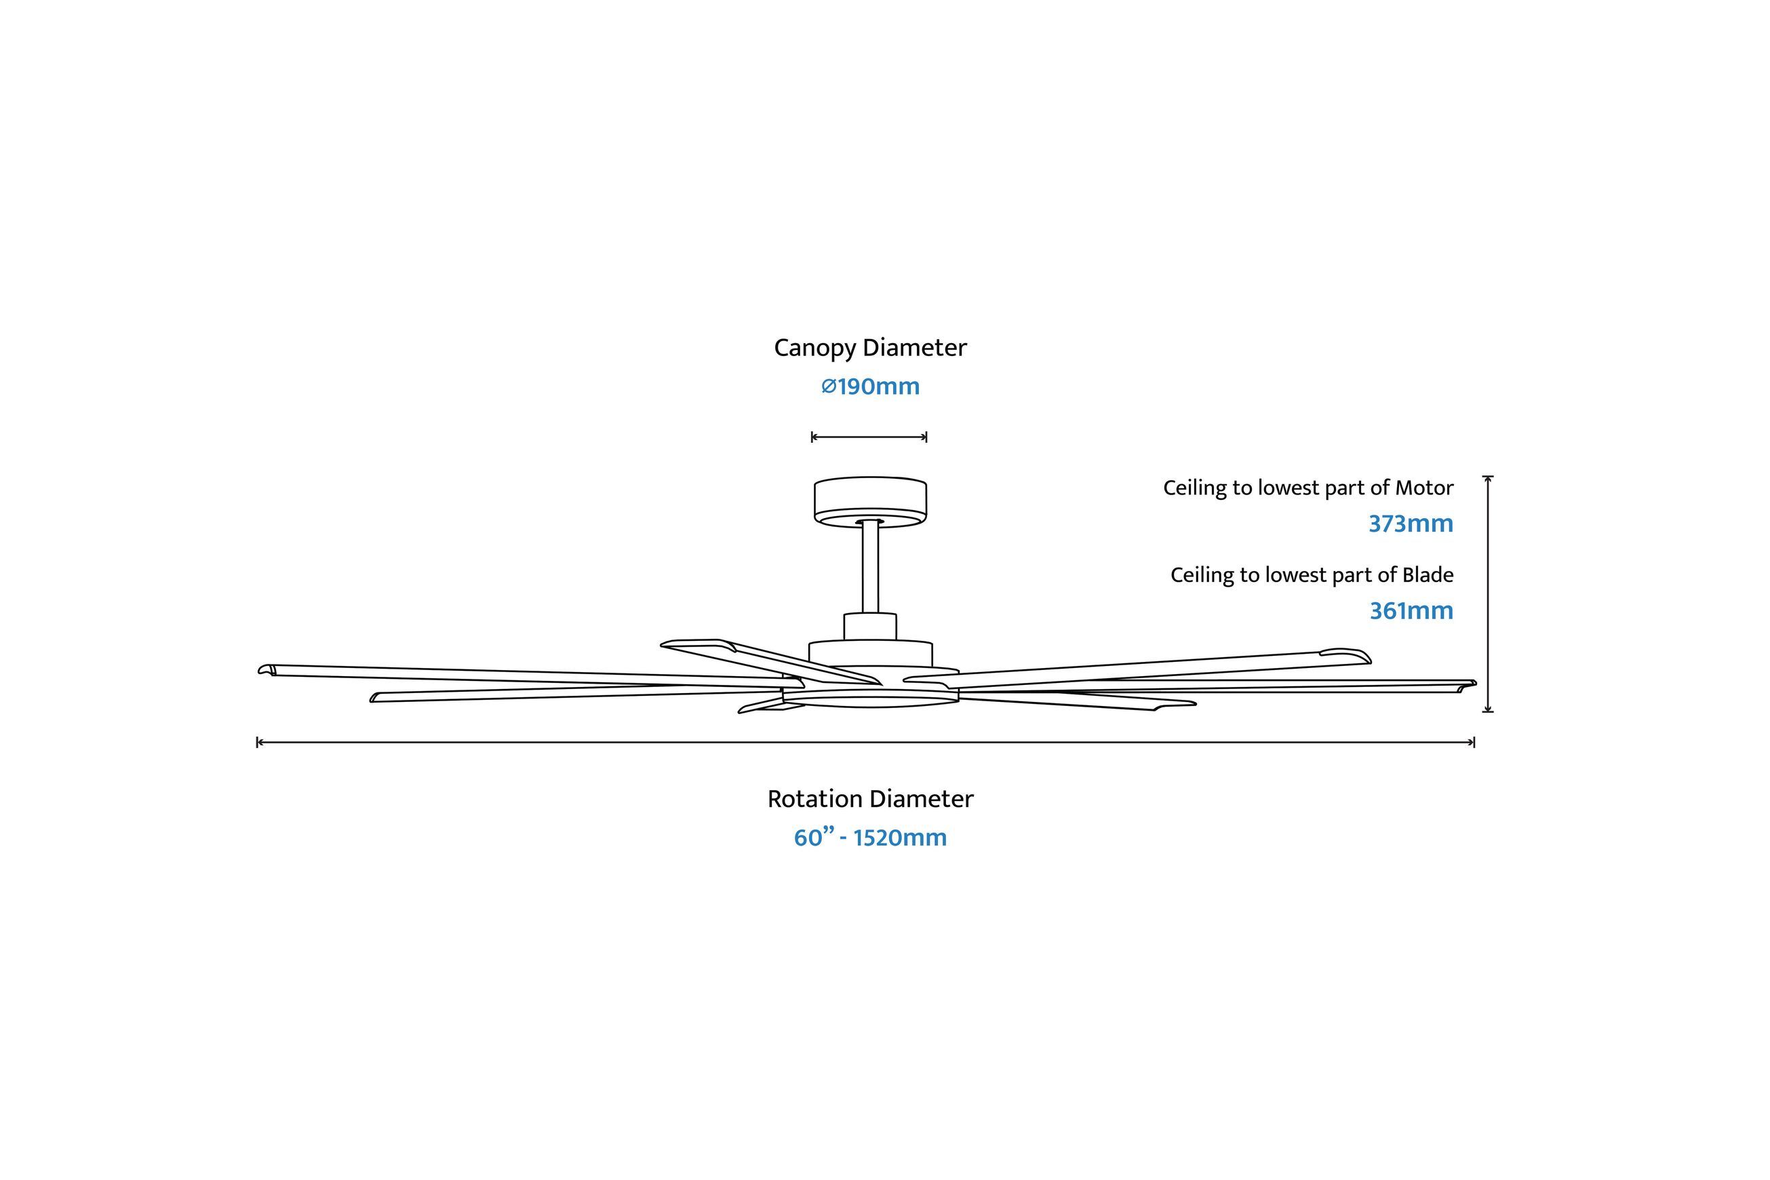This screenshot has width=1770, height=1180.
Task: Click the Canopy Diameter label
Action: pyautogui.click(x=870, y=349)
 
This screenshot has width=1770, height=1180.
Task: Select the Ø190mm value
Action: pyautogui.click(x=870, y=387)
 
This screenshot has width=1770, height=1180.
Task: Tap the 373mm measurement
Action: pyautogui.click(x=1411, y=524)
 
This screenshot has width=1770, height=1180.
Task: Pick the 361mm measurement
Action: pyautogui.click(x=1411, y=611)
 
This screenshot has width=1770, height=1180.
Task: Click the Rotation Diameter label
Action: pyautogui.click(x=870, y=799)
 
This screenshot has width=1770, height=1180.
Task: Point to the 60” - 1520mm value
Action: pyautogui.click(x=870, y=838)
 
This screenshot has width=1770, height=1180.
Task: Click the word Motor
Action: pyautogui.click(x=1424, y=488)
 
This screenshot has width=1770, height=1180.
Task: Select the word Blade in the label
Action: pyautogui.click(x=1428, y=576)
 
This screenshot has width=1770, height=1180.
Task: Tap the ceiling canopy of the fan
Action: pyautogui.click(x=870, y=501)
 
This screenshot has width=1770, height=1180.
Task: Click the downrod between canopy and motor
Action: pyautogui.click(x=870, y=566)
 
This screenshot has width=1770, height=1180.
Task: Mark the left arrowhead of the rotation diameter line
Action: pyautogui.click(x=259, y=743)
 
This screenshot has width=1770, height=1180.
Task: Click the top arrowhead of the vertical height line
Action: pyautogui.click(x=1488, y=479)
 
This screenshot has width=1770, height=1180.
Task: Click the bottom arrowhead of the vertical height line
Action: pyautogui.click(x=1488, y=709)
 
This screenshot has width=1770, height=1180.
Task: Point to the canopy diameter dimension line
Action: pyautogui.click(x=869, y=437)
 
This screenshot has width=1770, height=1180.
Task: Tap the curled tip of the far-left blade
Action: pyautogui.click(x=266, y=670)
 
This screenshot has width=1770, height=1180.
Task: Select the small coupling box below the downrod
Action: pyautogui.click(x=870, y=627)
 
